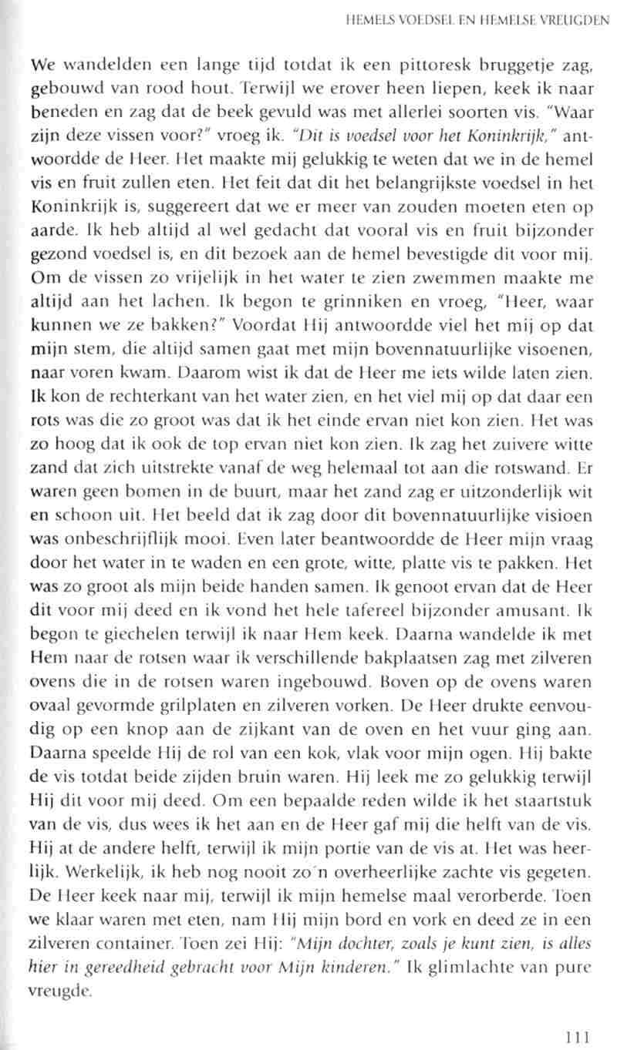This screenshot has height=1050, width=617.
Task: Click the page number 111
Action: click(577, 1015)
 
